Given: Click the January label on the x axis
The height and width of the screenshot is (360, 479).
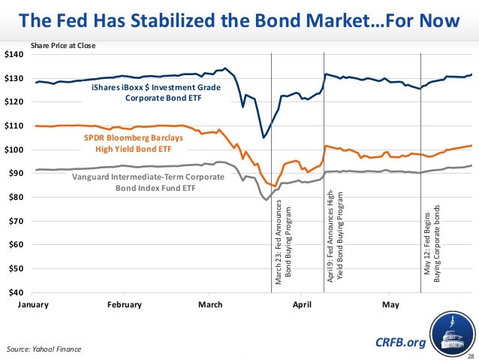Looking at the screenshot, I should pyautogui.click(x=32, y=304).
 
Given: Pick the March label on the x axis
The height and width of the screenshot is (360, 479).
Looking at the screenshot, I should pyautogui.click(x=210, y=304).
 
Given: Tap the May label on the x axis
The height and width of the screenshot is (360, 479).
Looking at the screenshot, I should pyautogui.click(x=390, y=304).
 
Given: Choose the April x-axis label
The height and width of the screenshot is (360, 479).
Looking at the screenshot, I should pyautogui.click(x=302, y=304).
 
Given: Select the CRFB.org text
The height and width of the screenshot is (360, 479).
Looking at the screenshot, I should pyautogui.click(x=400, y=343).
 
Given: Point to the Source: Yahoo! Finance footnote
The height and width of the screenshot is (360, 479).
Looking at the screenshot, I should pyautogui.click(x=43, y=349).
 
